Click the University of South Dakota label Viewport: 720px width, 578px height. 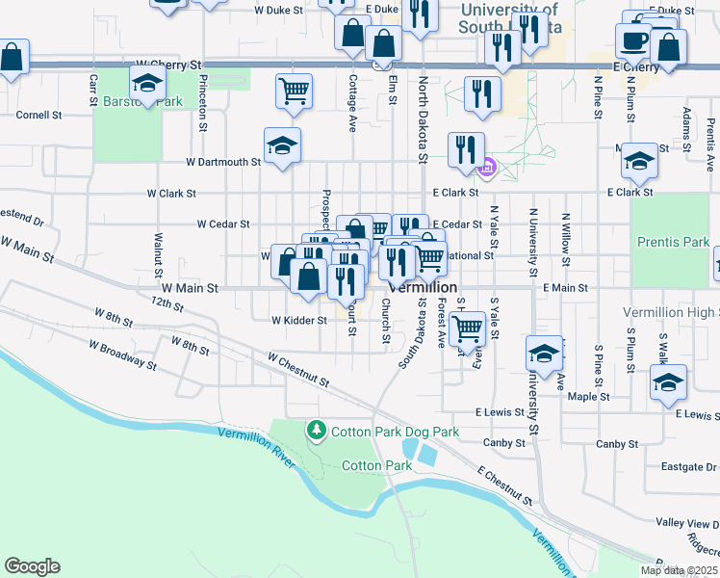[x=510, y=17]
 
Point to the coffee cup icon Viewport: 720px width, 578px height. [x=633, y=40]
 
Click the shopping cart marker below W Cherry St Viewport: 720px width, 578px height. [x=294, y=92]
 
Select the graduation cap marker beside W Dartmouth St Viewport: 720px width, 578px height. [x=282, y=145]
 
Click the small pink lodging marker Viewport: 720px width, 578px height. [x=487, y=171]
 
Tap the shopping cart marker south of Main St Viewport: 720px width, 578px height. [x=467, y=328]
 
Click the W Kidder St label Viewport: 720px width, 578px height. [x=298, y=320]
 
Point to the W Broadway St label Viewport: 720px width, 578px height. [x=122, y=354]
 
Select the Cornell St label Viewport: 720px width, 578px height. [x=39, y=114]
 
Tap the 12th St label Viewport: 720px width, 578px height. [x=166, y=304]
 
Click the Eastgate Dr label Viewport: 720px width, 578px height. [x=689, y=467]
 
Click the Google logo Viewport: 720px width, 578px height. [x=32, y=566]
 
